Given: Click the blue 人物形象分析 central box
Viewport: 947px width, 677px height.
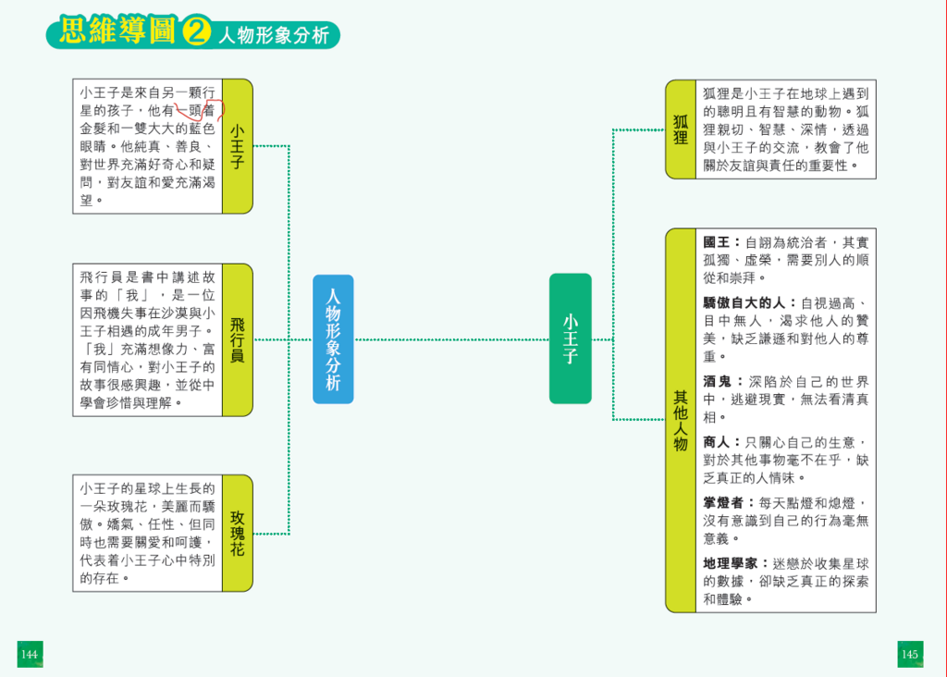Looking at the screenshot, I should coord(333,338).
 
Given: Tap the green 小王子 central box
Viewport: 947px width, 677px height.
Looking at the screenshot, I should coord(570,338).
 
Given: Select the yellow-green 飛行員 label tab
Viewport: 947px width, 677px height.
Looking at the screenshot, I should coord(238,339).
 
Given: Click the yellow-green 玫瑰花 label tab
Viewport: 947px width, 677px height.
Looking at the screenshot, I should coord(238,534).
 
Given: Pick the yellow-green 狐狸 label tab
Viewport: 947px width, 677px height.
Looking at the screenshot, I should coord(681,129).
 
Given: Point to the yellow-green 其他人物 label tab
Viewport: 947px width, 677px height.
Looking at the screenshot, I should coord(681,420).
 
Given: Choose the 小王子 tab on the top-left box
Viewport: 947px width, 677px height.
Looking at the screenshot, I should coord(238,146).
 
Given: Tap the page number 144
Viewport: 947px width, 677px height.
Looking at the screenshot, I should coord(30,655).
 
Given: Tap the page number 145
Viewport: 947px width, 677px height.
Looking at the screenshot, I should coord(910,655).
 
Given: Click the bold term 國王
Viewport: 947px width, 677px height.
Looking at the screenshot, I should coord(717,242).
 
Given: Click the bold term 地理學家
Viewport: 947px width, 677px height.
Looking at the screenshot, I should coord(731,563).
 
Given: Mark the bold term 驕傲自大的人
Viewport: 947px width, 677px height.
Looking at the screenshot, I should coord(744,302).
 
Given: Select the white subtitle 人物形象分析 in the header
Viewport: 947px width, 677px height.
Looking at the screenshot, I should coord(274,36).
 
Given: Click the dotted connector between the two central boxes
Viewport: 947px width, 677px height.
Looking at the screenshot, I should coord(451,339).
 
